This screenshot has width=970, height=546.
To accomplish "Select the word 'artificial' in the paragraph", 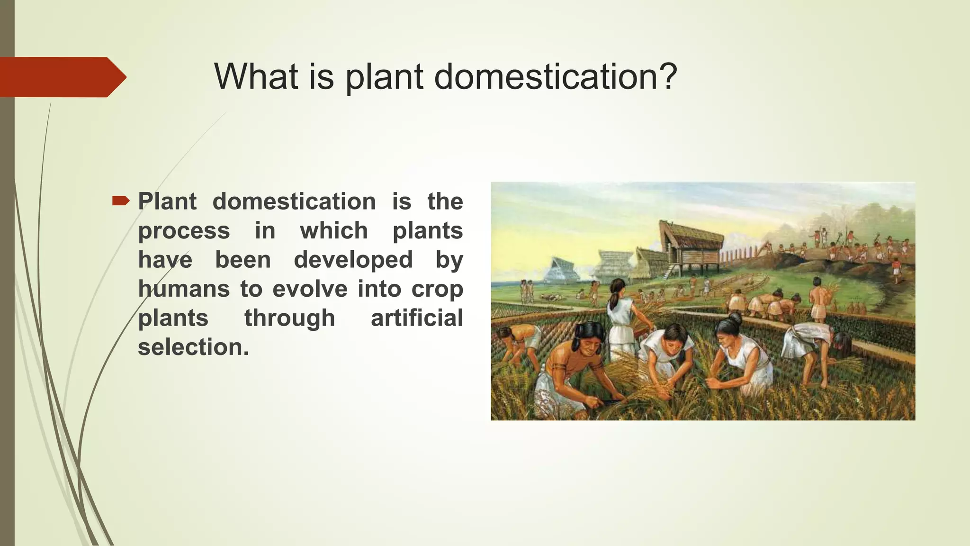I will pyautogui.click(x=417, y=318).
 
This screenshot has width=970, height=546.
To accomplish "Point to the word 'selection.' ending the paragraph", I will pyautogui.click(x=193, y=347).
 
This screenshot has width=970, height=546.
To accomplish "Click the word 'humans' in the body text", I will pyautogui.click(x=184, y=289).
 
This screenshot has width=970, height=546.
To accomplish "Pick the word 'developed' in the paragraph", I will pyautogui.click(x=353, y=260).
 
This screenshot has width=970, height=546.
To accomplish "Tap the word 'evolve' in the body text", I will pyautogui.click(x=310, y=289).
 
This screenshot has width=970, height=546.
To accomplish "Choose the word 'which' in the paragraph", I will pyautogui.click(x=334, y=231).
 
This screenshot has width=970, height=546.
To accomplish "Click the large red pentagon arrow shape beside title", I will pyautogui.click(x=62, y=77).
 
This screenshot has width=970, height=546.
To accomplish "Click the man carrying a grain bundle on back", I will pyautogui.click(x=818, y=299).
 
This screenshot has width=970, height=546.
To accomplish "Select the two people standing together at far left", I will pyautogui.click(x=527, y=290).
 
